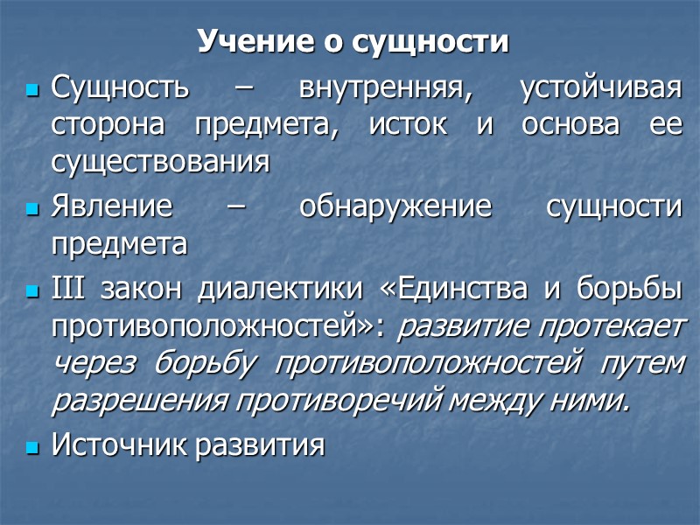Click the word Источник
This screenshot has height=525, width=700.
point(121,445)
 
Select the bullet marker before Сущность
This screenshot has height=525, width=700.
point(33,90)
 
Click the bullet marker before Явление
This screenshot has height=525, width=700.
point(33,209)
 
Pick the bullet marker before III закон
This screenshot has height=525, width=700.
point(33,290)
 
